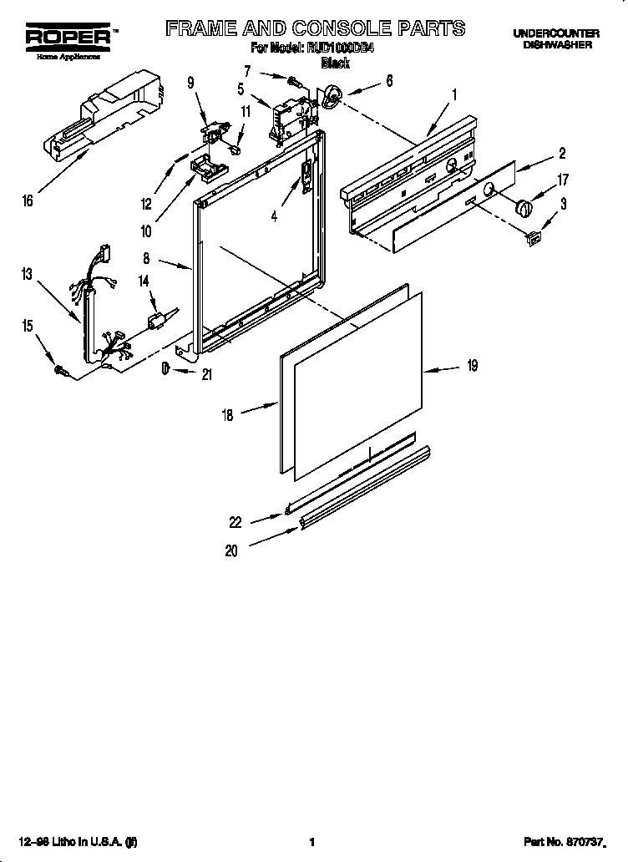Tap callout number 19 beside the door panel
[471, 365]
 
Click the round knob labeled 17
[524, 205]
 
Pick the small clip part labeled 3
[531, 240]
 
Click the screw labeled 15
[61, 368]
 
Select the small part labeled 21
[166, 368]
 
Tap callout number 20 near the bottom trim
[230, 550]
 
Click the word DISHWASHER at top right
[557, 44]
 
